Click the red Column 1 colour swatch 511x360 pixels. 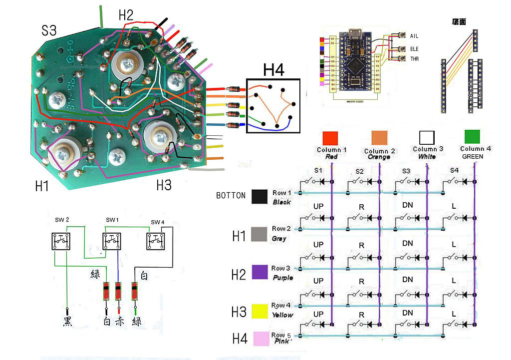[331, 137]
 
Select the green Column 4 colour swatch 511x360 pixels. [472, 137]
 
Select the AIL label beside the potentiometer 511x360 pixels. [414, 36]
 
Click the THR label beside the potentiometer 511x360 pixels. [414, 59]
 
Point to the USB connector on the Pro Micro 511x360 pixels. [357, 34]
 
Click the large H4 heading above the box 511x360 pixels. [273, 70]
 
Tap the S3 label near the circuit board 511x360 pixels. [49, 31]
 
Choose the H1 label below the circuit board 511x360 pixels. [42, 186]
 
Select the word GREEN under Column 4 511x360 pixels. [472, 156]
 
